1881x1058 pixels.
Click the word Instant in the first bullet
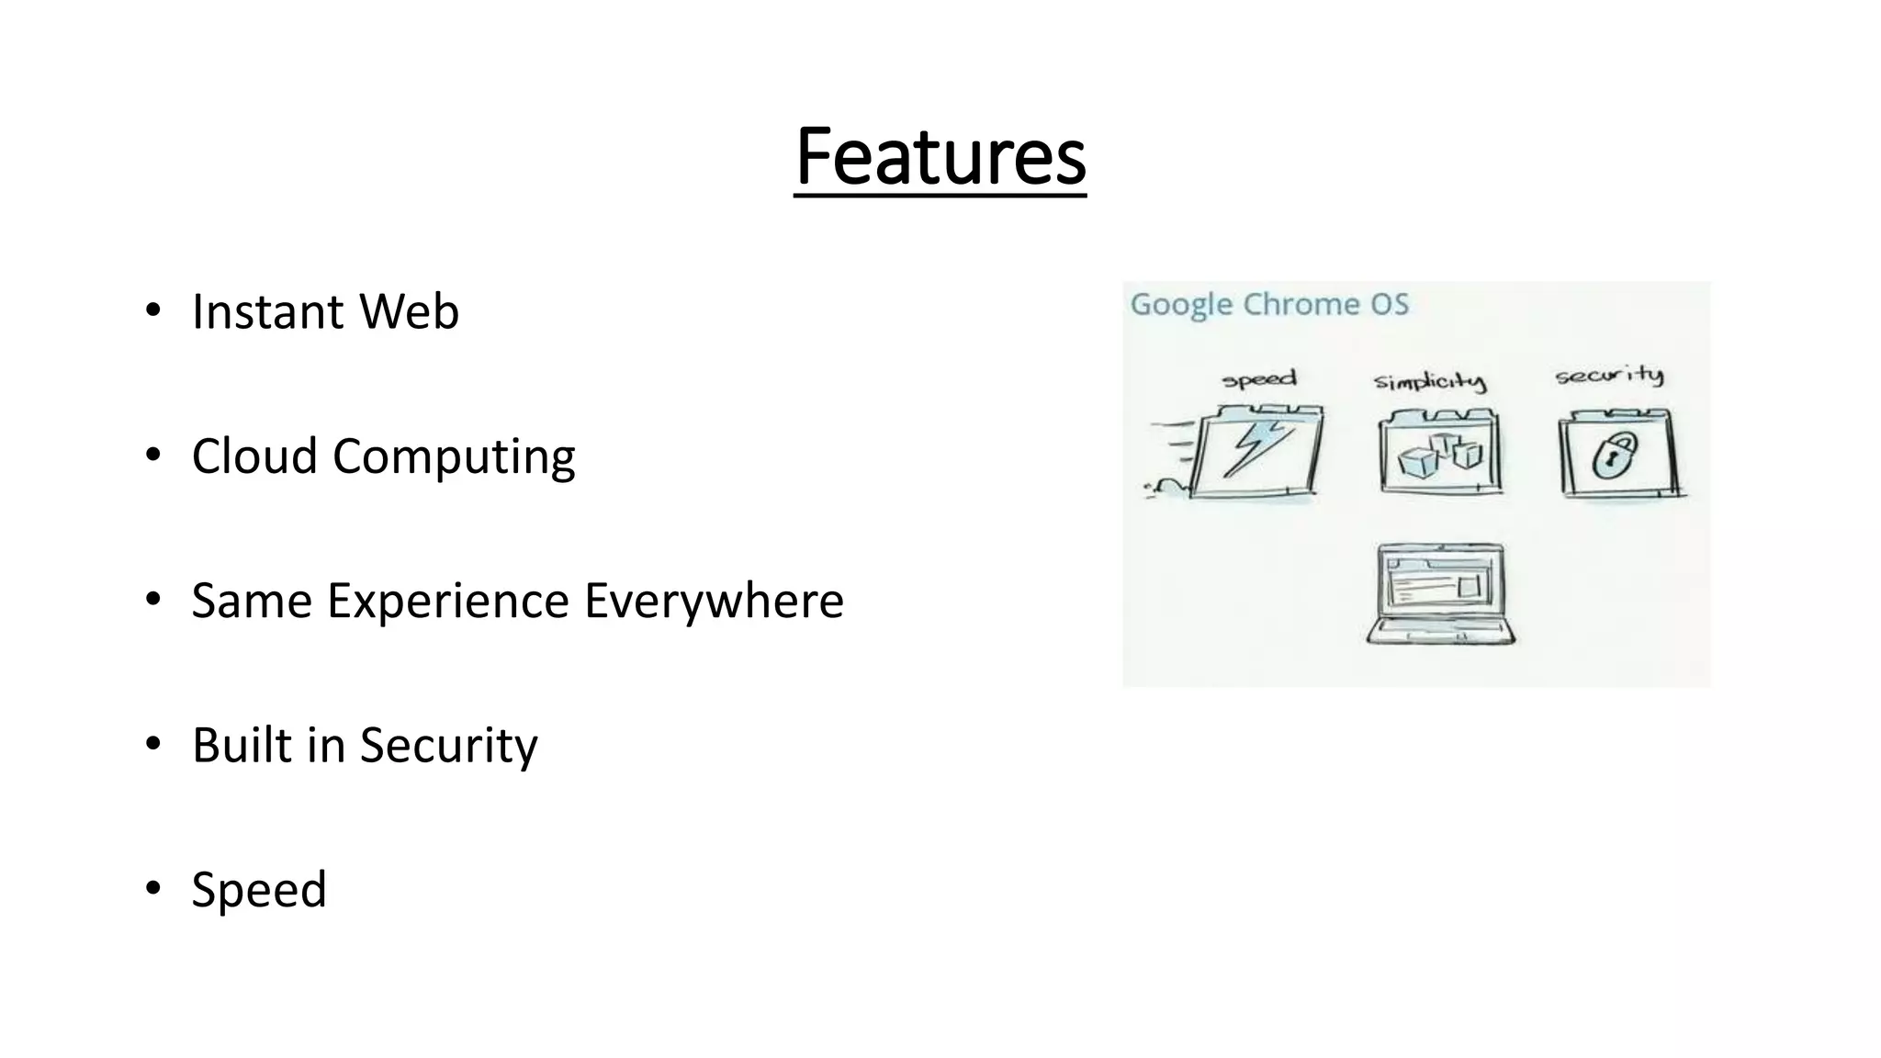pos(267,311)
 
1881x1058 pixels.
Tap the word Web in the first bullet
pos(409,311)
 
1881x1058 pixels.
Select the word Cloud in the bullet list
pos(254,456)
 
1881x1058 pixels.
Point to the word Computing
pos(454,457)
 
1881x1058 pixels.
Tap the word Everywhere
pos(714,601)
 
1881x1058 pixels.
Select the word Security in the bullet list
pos(448,746)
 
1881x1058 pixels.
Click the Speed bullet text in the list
pos(259,889)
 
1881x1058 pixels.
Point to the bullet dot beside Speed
pos(152,887)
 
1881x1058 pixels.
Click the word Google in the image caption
pos(1181,305)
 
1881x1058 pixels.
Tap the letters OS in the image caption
pos(1390,304)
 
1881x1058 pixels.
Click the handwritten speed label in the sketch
pos(1258,379)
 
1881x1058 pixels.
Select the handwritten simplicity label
pos(1429,381)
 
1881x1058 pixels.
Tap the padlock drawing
pos(1615,454)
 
